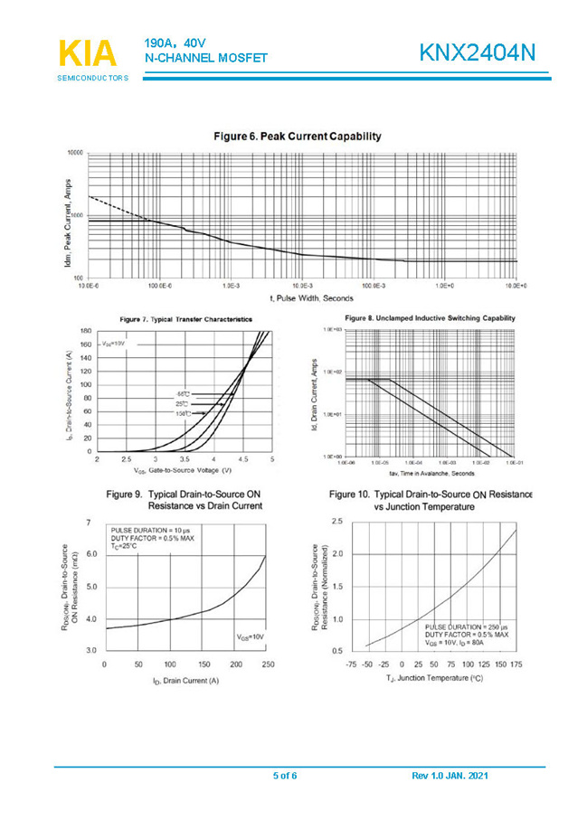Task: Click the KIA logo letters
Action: (x=88, y=53)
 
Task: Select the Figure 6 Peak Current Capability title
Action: (x=298, y=137)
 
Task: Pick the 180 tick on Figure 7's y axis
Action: (x=85, y=332)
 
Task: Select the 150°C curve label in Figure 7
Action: (x=183, y=413)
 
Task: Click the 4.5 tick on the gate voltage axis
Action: (x=243, y=459)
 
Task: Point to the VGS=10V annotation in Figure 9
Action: (x=250, y=636)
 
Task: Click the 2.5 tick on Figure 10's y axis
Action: (x=336, y=522)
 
